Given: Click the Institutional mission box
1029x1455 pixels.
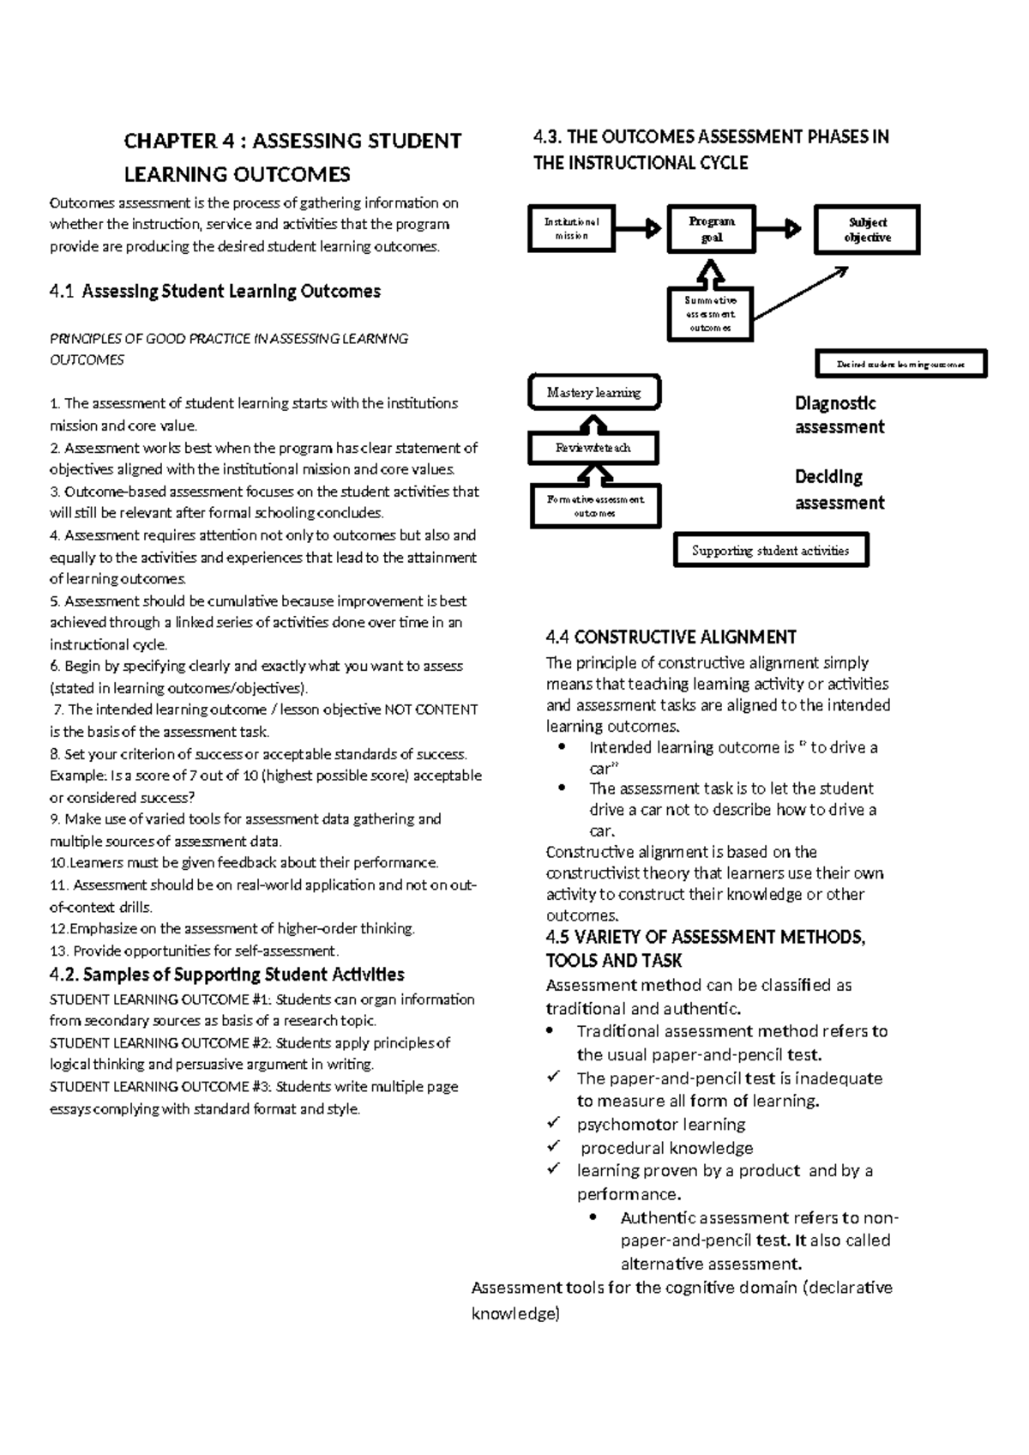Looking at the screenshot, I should pyautogui.click(x=572, y=228).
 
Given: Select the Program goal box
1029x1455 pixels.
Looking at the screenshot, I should pyautogui.click(x=711, y=229).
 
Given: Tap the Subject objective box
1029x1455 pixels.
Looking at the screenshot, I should pyautogui.click(x=866, y=229).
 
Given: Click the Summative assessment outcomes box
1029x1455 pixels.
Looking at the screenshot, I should pyautogui.click(x=710, y=314).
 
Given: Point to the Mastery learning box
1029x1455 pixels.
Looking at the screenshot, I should pyautogui.click(x=594, y=393).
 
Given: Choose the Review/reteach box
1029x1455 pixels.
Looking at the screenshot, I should pyautogui.click(x=593, y=448).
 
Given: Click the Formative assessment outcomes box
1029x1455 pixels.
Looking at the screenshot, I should pyautogui.click(x=595, y=506).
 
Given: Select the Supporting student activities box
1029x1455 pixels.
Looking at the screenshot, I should pyautogui.click(x=771, y=551).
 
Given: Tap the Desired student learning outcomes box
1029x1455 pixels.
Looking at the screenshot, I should pyautogui.click(x=900, y=364).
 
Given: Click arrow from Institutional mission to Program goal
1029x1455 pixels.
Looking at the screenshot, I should pyautogui.click(x=640, y=229).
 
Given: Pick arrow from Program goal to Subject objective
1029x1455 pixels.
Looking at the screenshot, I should pyautogui.click(x=780, y=229).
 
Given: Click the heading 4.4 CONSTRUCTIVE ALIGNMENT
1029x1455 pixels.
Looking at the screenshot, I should pyautogui.click(x=671, y=637).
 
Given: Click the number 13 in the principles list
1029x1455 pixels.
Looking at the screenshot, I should pyautogui.click(x=57, y=951).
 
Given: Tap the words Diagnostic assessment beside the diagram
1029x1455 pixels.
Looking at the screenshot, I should pyautogui.click(x=839, y=415).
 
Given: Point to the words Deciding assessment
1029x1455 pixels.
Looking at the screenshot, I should pyautogui.click(x=839, y=490).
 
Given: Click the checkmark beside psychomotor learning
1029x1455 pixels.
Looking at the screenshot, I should pyautogui.click(x=553, y=1123).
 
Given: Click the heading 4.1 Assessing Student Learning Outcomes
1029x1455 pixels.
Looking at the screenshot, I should pyautogui.click(x=215, y=292).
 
